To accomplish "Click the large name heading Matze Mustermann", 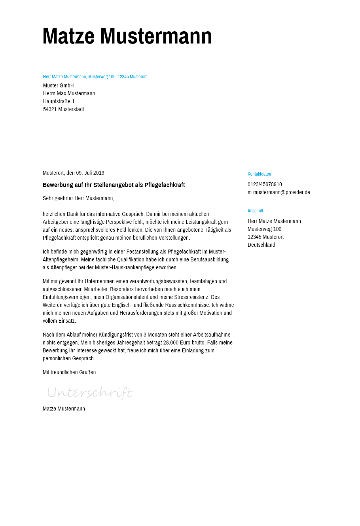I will pos(127,36).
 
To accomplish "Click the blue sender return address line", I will pos(95,77).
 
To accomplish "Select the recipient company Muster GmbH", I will pos(59,86).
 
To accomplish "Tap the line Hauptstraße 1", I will pos(59,102).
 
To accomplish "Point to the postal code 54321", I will pos(50,110).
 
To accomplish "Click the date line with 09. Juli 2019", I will pos(74,173).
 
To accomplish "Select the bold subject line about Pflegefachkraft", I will pos(114,185).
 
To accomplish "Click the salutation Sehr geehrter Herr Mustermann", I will pos(78,198).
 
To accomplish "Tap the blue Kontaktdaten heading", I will pos(259,174).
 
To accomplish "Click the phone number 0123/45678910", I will pos(265,185).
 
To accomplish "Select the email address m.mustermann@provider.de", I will pos(279,193).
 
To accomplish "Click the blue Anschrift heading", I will pos(255,211).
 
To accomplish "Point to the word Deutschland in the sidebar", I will pos(261,245).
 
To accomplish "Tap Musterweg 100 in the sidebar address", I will pos(264,229).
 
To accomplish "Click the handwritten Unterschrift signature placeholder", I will pos(89,393).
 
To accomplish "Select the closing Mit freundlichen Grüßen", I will pos(69,373).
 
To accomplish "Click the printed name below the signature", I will pos(64,409).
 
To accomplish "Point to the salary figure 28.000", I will pos(171,343).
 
